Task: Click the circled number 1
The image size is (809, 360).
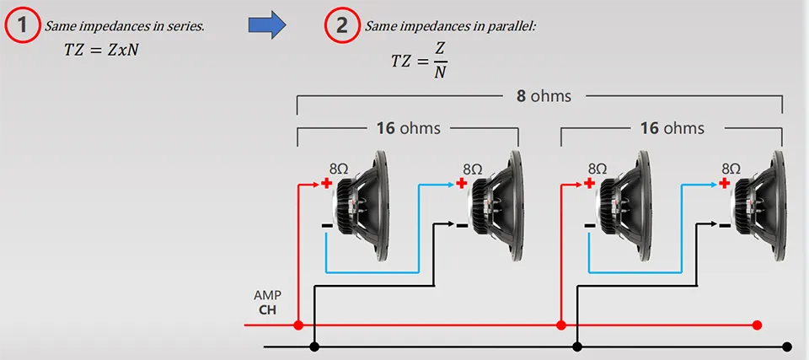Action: coord(22,26)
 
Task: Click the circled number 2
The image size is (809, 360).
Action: coord(341,26)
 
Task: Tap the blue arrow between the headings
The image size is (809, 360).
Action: coord(267,24)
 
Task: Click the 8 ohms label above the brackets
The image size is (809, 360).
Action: coord(544,96)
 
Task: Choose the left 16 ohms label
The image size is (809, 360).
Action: coord(409,128)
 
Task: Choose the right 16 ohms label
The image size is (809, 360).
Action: coord(672,128)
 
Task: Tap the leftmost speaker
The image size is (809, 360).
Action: coord(362,206)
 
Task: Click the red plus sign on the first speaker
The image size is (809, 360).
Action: coord(326,183)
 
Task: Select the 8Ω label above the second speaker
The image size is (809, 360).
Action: coord(473,169)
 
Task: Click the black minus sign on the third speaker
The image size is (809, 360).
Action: coord(589,226)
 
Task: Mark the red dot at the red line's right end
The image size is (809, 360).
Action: coord(757,325)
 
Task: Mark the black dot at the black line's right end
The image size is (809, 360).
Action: coord(787,347)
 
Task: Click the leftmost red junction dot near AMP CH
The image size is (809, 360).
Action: coord(297,325)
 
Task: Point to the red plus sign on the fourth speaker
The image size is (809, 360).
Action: coord(725,183)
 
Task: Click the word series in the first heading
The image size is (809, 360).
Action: coord(189,26)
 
